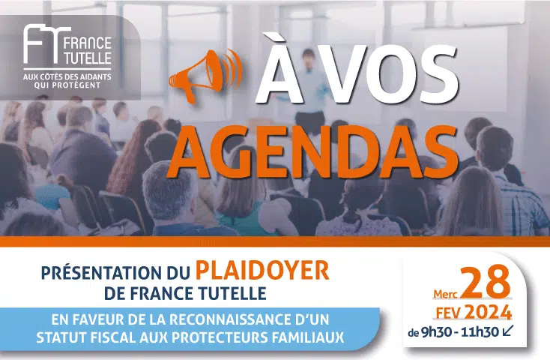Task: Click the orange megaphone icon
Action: pyautogui.click(x=205, y=76)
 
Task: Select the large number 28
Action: pyautogui.click(x=485, y=283)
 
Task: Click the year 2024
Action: pyautogui.click(x=488, y=312)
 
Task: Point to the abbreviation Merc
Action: pyautogui.click(x=446, y=293)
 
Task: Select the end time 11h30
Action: pyautogui.click(x=480, y=332)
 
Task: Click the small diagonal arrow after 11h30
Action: pyautogui.click(x=508, y=331)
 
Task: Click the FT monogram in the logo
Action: pyautogui.click(x=44, y=45)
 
